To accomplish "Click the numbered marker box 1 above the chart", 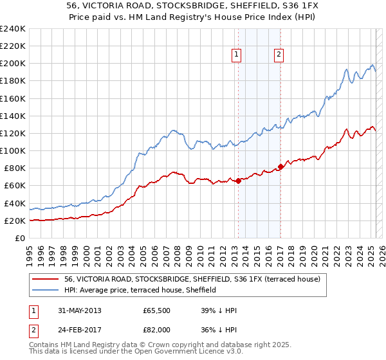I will click(237, 55).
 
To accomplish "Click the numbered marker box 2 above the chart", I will click(279, 55).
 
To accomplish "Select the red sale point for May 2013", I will click(238, 181).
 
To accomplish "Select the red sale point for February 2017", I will click(280, 166).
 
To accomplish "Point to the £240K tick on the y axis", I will click(13, 29).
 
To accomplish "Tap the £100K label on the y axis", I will click(13, 150).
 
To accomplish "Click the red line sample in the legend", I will click(46, 280).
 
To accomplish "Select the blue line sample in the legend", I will click(46, 291).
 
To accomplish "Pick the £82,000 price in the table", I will click(157, 329).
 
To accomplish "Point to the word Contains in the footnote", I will click(46, 345).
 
